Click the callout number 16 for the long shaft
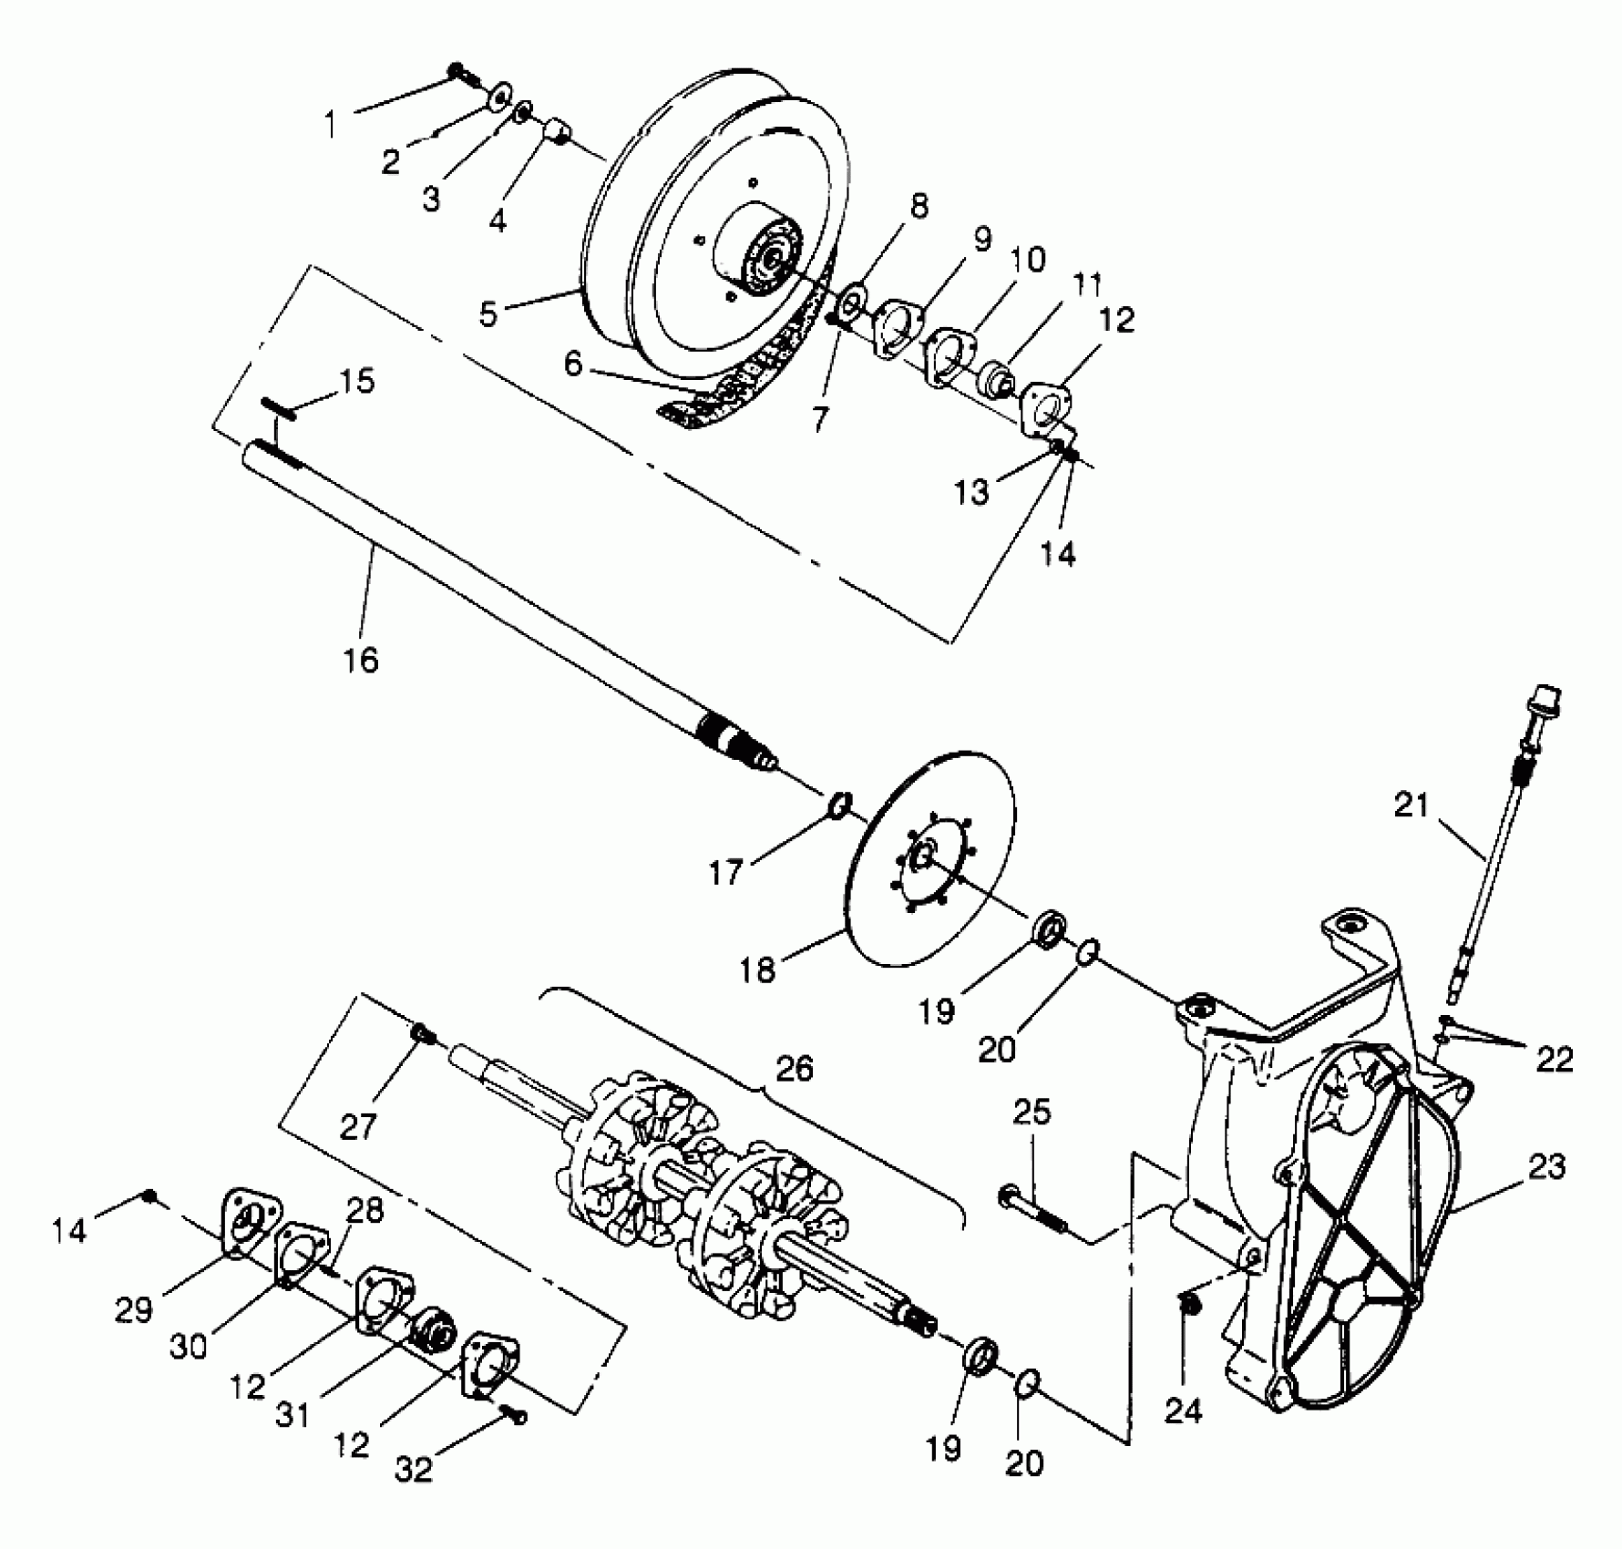point(361,659)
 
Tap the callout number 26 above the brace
point(794,1068)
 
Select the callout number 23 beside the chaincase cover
point(1545,1167)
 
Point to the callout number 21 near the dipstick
point(1412,805)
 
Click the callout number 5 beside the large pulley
point(488,313)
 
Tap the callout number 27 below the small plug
point(358,1126)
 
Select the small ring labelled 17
point(840,805)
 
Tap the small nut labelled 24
point(1187,1305)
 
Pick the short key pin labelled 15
point(277,406)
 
